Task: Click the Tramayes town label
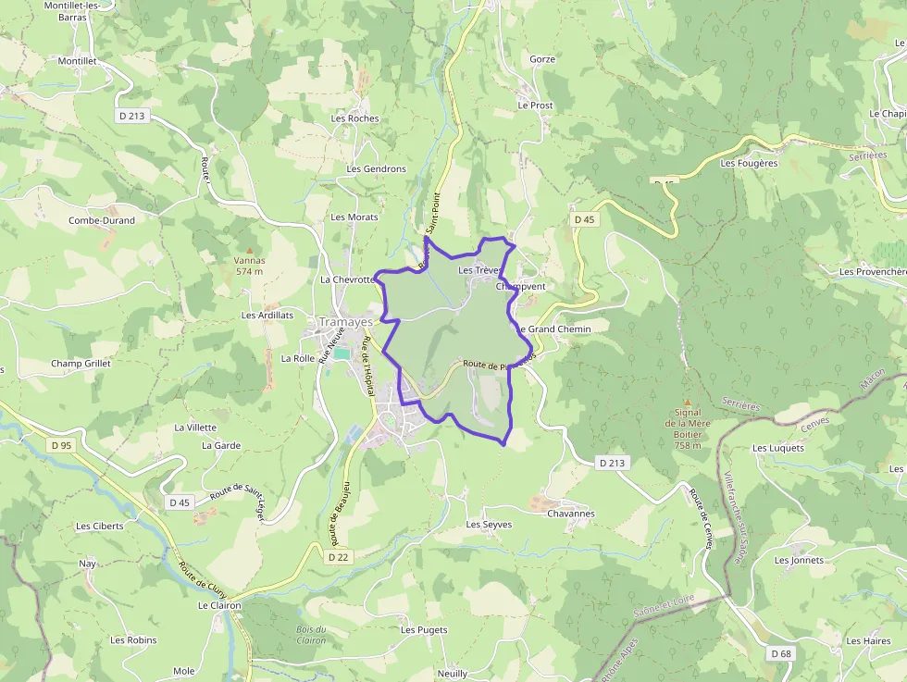pyautogui.click(x=345, y=322)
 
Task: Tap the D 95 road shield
pyautogui.click(x=61, y=445)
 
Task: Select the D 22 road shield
pyautogui.click(x=339, y=557)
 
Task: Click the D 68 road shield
pyautogui.click(x=781, y=653)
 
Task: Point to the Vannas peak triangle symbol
pyautogui.click(x=249, y=249)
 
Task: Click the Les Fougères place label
pyautogui.click(x=749, y=164)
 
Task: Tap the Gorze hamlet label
pyautogui.click(x=542, y=59)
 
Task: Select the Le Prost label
pyautogui.click(x=535, y=105)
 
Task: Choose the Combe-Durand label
pyautogui.click(x=102, y=220)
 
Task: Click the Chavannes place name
pyautogui.click(x=571, y=514)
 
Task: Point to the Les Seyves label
pyautogui.click(x=489, y=525)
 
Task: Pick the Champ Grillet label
pyautogui.click(x=81, y=364)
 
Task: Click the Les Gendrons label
pyautogui.click(x=376, y=169)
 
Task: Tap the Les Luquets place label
pyautogui.click(x=778, y=448)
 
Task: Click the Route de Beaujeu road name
pyautogui.click(x=339, y=515)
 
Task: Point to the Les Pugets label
pyautogui.click(x=424, y=630)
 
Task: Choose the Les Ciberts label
pyautogui.click(x=100, y=526)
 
